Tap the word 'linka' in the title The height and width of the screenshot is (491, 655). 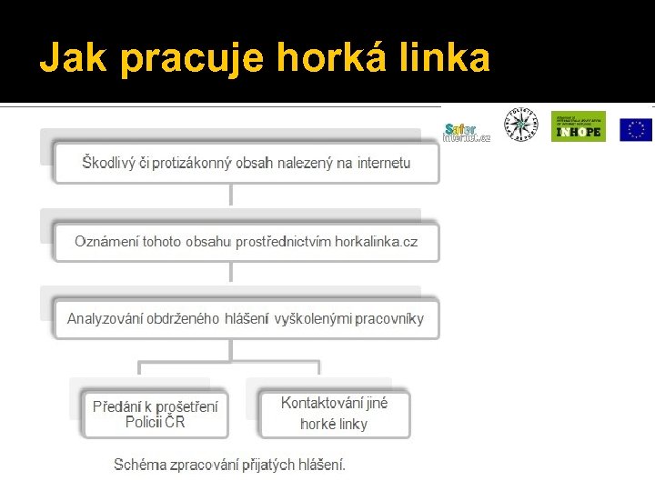[x=448, y=59]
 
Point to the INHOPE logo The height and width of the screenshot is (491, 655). [x=578, y=126]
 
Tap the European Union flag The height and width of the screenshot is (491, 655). [x=636, y=129]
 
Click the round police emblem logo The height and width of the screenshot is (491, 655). [x=521, y=125]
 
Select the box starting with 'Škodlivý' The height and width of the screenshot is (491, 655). [x=246, y=164]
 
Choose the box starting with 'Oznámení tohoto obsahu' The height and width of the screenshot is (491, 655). [x=246, y=242]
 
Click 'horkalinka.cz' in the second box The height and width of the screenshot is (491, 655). [x=377, y=242]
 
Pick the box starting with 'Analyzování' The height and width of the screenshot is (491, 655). [x=246, y=319]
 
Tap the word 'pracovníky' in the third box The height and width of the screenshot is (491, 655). [x=389, y=319]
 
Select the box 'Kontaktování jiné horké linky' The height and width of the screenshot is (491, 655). [x=334, y=414]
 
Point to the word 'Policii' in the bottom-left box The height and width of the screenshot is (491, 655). [x=145, y=423]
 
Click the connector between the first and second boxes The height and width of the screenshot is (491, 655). [x=231, y=195]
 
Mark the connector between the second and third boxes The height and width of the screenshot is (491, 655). [x=231, y=273]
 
